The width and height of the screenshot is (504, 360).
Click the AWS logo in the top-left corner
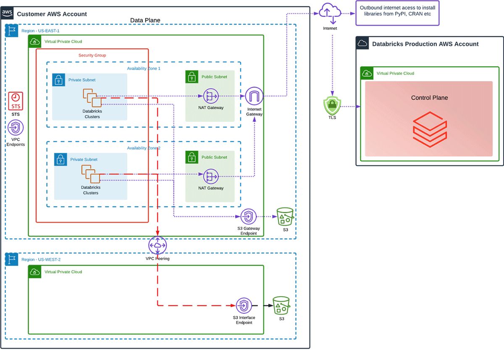pyautogui.click(x=8, y=13)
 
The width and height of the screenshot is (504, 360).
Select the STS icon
pyautogui.click(x=16, y=101)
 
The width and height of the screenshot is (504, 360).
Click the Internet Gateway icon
pyautogui.click(x=254, y=96)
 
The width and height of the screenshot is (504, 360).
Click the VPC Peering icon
pyautogui.click(x=157, y=246)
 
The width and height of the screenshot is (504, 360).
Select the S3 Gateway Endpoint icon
pyautogui.click(x=248, y=217)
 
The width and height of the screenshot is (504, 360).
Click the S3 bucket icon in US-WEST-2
pyautogui.click(x=281, y=305)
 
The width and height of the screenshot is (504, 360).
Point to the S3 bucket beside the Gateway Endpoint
pyautogui.click(x=285, y=216)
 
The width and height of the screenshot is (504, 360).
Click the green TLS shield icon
pyautogui.click(x=332, y=106)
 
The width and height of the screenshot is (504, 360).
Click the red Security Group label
pyautogui.click(x=92, y=55)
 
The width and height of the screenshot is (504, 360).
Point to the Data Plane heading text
pyautogui.click(x=145, y=20)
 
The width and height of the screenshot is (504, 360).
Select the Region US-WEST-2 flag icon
pyautogui.click(x=12, y=259)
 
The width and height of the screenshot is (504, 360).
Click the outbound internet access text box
pyautogui.click(x=397, y=13)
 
